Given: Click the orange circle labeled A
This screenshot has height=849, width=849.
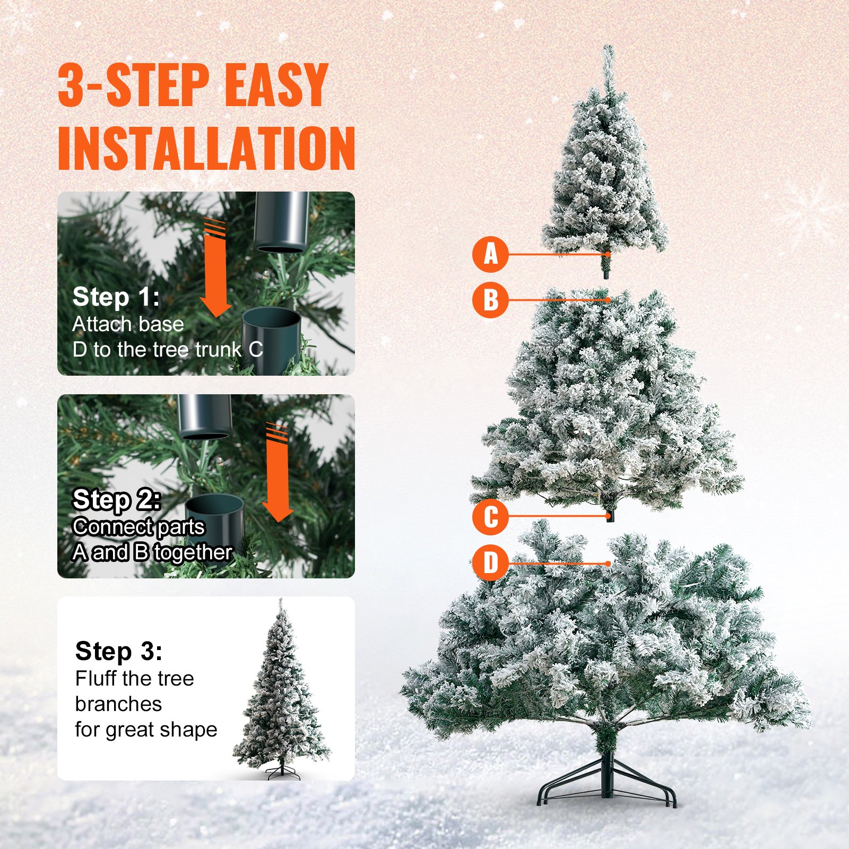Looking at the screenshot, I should point(490,254).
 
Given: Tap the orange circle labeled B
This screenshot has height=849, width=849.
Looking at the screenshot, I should point(490,300).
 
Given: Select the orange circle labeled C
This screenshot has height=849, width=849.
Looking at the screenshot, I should point(490,516).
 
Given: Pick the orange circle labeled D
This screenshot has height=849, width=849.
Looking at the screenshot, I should point(490,562).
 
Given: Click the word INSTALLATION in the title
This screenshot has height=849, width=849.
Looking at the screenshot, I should point(206,149).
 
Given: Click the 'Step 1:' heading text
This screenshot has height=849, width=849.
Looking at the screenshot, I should point(116,297).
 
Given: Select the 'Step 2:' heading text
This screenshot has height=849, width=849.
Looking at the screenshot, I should point(116,499).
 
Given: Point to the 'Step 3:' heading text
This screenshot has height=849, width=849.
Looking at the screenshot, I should point(119,651).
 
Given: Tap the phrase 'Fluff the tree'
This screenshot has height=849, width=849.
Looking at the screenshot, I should point(134,679).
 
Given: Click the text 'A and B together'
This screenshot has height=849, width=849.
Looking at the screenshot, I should point(152,553).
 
